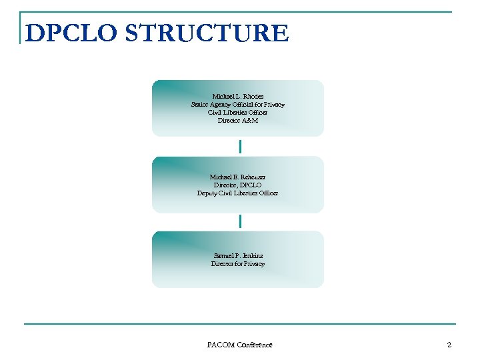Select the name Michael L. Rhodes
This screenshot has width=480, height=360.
click(x=238, y=97)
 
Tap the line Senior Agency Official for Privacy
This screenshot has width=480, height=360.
click(x=238, y=105)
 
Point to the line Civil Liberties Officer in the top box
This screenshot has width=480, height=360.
click(x=238, y=113)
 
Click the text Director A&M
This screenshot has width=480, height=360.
click(x=238, y=121)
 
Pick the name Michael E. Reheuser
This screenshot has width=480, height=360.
click(x=238, y=177)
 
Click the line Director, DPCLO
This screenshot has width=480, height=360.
click(x=238, y=185)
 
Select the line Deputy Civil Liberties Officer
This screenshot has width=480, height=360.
click(x=238, y=193)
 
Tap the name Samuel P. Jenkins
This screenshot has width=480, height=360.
click(x=238, y=256)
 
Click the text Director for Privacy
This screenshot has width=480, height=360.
click(x=238, y=264)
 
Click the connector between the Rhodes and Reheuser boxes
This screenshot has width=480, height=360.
click(x=240, y=146)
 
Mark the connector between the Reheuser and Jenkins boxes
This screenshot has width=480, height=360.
click(x=240, y=221)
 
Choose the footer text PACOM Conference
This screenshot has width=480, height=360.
click(x=239, y=345)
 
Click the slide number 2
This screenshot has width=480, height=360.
click(x=449, y=345)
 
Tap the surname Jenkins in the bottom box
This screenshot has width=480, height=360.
click(x=252, y=256)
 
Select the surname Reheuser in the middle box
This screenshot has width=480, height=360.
click(x=251, y=177)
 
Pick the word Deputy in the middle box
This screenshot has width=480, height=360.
click(x=208, y=193)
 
